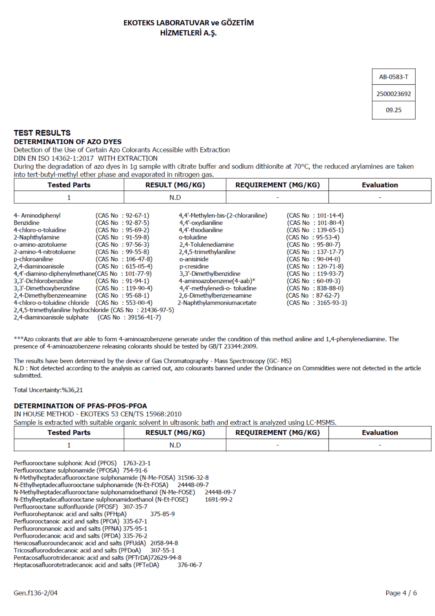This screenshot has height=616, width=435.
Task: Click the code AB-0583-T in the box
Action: coord(393,77)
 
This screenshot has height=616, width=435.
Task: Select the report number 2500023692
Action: coord(393,94)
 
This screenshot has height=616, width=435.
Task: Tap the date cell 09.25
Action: coord(393,110)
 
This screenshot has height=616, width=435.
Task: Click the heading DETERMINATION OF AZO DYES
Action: coord(68,142)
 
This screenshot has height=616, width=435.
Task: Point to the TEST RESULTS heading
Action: coord(42,133)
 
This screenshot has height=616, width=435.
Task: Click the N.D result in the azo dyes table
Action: coord(175,197)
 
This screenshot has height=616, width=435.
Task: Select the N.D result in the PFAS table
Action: coord(175,445)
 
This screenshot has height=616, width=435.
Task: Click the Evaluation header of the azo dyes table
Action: coord(380,185)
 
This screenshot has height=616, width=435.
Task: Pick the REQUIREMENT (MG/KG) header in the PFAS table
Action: coord(277,432)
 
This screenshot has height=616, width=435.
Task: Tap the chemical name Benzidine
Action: coord(26,223)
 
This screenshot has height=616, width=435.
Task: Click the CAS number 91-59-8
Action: coord(137,237)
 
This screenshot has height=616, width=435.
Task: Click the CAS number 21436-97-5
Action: coord(157,310)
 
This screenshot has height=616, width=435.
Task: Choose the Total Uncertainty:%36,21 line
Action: coord(48,390)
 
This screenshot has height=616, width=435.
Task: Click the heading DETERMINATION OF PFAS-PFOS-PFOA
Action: coord(80,406)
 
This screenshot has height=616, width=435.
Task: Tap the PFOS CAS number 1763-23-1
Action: coord(137,463)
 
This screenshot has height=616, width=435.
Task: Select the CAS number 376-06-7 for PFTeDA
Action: coord(190,565)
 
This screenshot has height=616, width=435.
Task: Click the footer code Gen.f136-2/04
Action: coord(35,593)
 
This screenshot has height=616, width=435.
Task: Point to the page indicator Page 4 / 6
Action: coord(401,593)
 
